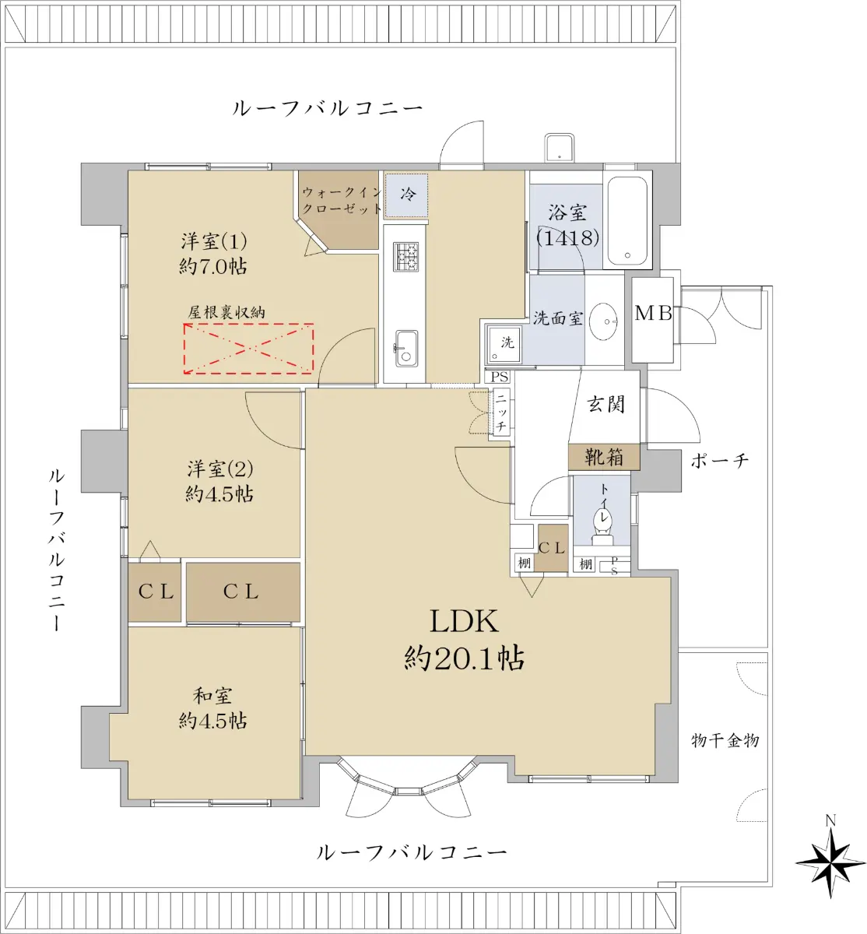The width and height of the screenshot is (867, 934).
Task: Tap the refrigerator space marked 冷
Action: tap(406, 195)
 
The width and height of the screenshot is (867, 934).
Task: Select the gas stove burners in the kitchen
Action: tap(405, 257)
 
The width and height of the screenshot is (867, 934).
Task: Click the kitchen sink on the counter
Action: tap(405, 348)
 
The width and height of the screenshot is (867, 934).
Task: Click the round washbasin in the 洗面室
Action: tap(604, 321)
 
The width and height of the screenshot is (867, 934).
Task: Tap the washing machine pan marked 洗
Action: tap(504, 343)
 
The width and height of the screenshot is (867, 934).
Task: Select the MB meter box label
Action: tap(653, 313)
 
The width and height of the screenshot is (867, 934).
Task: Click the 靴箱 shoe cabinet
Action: tap(604, 457)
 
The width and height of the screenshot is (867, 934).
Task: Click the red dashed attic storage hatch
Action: tap(248, 349)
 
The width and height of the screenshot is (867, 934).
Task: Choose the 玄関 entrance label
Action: tap(605, 405)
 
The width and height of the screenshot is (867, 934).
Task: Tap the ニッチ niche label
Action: tap(501, 413)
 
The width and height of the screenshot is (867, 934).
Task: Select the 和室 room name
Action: tap(212, 696)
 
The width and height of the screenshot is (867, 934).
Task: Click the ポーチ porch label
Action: tap(720, 461)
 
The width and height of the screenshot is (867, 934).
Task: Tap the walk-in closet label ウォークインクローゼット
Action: tap(342, 200)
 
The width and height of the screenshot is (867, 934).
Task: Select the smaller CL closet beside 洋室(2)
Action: tap(155, 592)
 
